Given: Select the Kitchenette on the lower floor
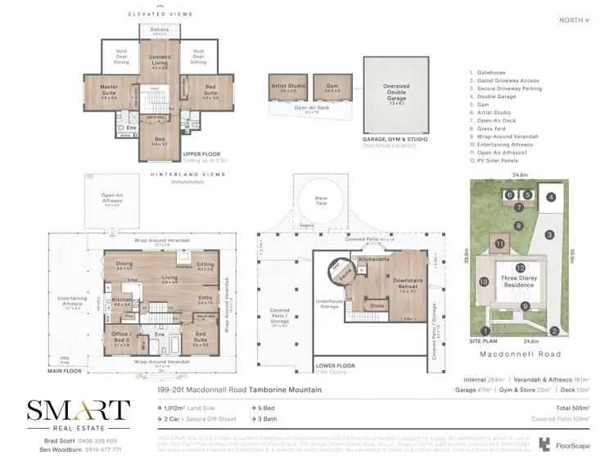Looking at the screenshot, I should [374, 259].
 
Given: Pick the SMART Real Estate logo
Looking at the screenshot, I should [78, 414].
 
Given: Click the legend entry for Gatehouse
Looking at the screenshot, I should [489, 71].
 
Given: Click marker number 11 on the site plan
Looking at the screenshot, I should [499, 243].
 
